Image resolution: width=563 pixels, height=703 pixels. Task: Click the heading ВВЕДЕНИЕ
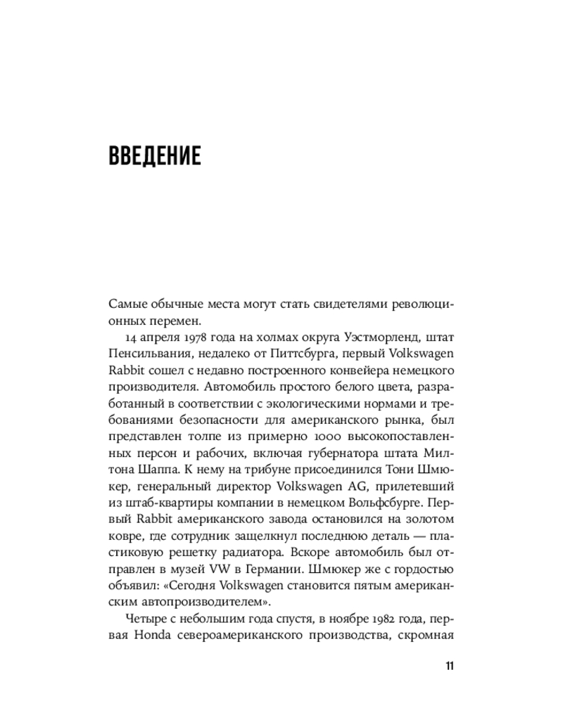(x=155, y=155)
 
